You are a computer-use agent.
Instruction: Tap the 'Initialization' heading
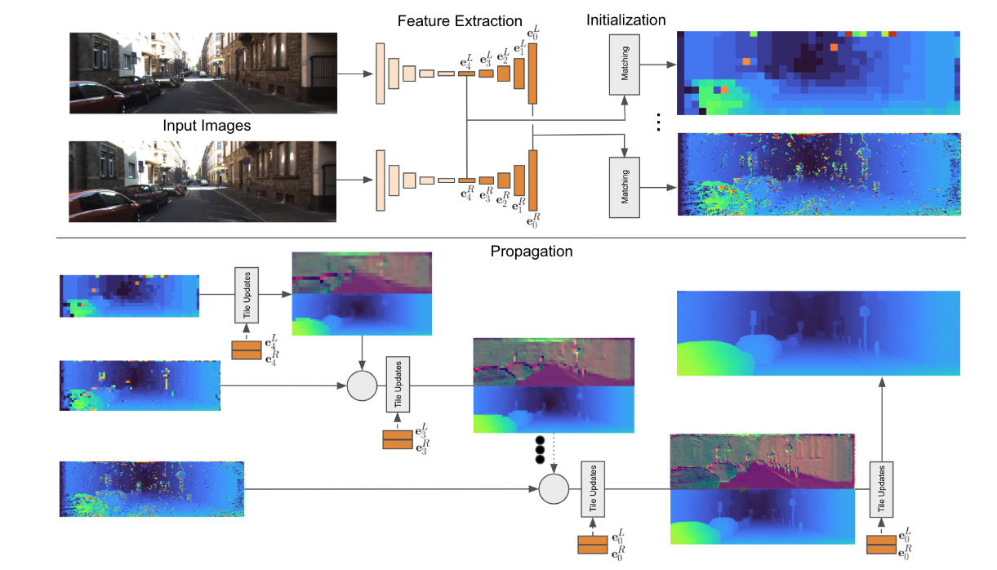(x=625, y=20)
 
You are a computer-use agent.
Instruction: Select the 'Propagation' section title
(x=532, y=252)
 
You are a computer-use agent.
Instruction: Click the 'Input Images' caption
(x=207, y=126)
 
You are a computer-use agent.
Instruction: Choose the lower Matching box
(x=625, y=189)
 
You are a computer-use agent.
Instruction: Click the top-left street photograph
(x=203, y=72)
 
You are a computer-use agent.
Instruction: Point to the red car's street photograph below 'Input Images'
(x=203, y=181)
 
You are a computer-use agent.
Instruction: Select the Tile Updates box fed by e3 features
(x=398, y=385)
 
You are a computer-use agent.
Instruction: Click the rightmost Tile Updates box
(x=881, y=490)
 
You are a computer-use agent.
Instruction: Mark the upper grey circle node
(x=360, y=385)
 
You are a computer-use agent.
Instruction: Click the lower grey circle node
(x=554, y=490)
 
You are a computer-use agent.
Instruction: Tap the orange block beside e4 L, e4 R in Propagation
(x=246, y=350)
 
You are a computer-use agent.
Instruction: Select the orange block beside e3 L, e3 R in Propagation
(x=398, y=439)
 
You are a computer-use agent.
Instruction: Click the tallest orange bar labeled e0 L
(x=533, y=73)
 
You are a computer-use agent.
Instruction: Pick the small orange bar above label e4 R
(x=466, y=180)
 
